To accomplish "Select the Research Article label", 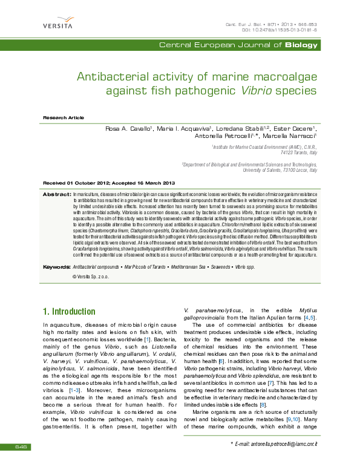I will pyautogui.click(x=64, y=117).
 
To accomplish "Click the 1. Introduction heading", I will pyautogui.click(x=68, y=312).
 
